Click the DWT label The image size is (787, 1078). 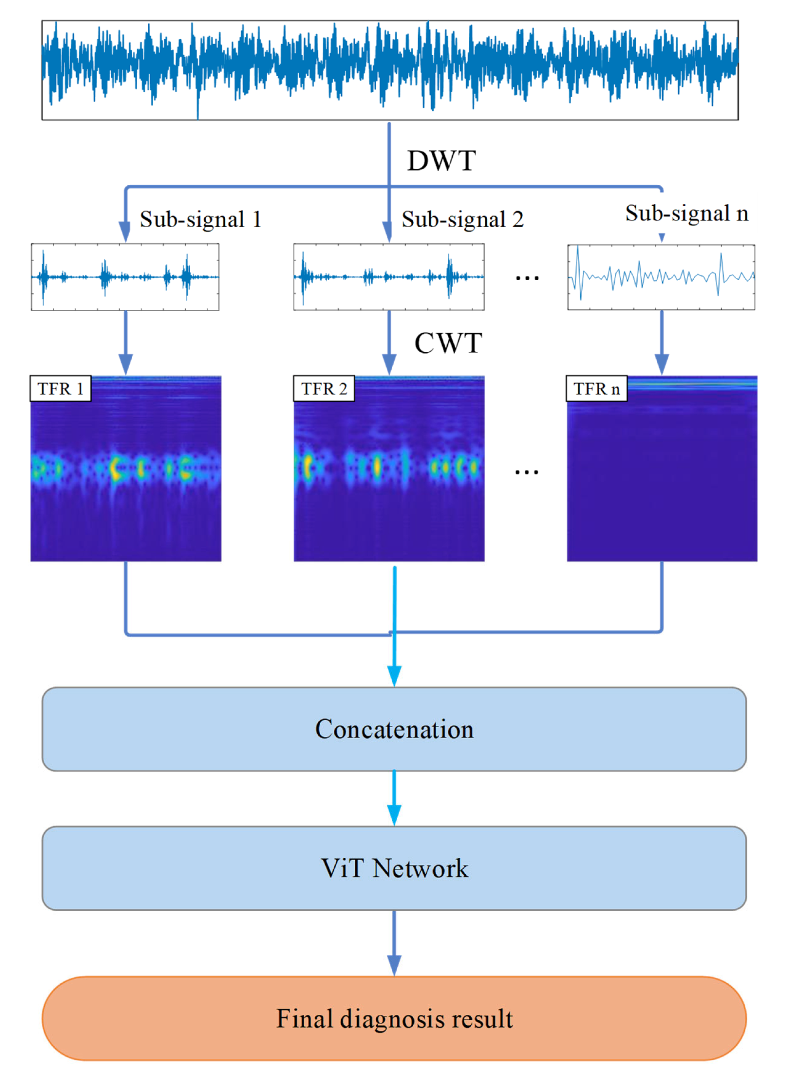coord(441,161)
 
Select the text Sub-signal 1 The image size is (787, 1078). coord(200,220)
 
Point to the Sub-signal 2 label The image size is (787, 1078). coord(462,220)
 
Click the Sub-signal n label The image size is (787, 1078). coord(686,214)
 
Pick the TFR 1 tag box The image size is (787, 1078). coord(61,389)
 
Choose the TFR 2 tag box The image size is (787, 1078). coord(324,389)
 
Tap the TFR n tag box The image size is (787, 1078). coord(596,389)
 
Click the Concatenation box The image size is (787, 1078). coord(394,729)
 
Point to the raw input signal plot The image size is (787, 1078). coord(390,70)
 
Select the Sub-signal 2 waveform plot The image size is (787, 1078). coord(389,277)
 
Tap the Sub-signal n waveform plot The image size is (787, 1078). coord(661,277)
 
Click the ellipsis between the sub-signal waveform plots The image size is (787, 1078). coord(527,278)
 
